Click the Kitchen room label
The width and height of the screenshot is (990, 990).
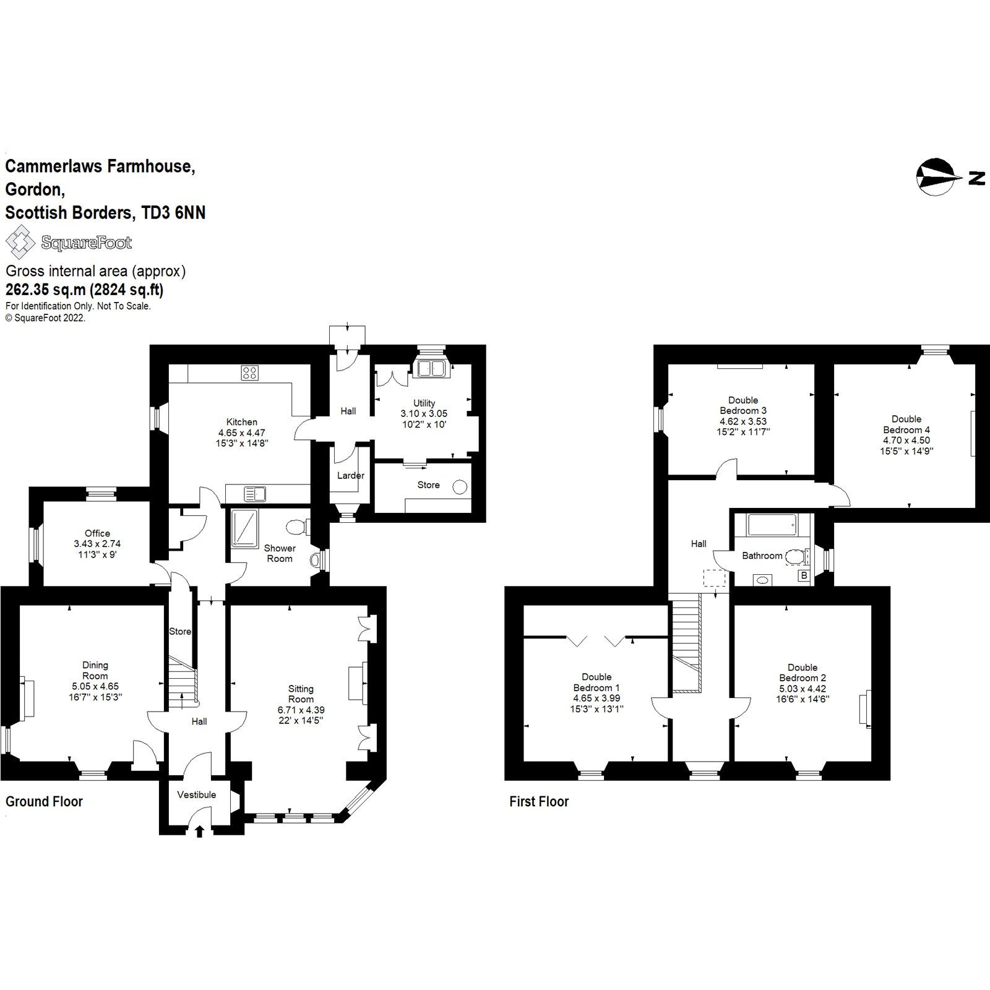click(241, 422)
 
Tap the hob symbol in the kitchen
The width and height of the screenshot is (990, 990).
click(250, 372)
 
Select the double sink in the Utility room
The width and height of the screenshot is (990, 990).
click(431, 369)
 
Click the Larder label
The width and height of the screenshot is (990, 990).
click(350, 476)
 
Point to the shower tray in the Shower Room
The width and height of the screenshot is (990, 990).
click(245, 529)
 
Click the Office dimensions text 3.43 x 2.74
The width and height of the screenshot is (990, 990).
click(97, 544)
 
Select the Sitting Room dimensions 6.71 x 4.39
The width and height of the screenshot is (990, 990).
click(301, 710)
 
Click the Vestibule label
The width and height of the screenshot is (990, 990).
click(197, 794)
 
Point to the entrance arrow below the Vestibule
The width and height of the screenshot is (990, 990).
click(199, 832)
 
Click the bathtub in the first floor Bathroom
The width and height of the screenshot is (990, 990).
click(771, 525)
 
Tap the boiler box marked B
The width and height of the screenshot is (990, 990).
click(804, 575)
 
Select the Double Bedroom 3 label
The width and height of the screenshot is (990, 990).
click(743, 405)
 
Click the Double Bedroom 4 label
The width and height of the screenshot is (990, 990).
click(906, 424)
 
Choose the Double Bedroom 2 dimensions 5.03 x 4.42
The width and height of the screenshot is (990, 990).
click(803, 689)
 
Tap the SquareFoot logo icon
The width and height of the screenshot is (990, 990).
click(20, 242)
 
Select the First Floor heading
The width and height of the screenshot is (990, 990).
click(538, 801)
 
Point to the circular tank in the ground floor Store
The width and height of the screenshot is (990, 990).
click(460, 487)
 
